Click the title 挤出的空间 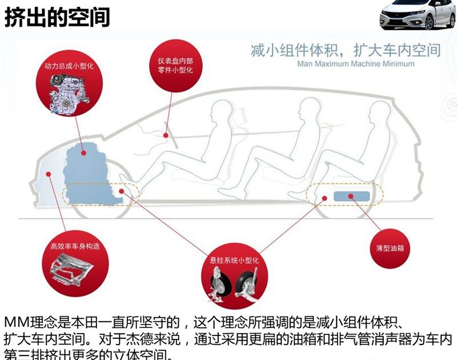tap(57, 17)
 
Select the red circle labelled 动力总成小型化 tap(70, 86)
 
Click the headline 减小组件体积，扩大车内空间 tap(346, 50)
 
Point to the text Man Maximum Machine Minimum tap(355, 64)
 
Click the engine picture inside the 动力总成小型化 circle tap(68, 93)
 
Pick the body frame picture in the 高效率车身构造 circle tap(69, 269)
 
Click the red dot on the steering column tap(166, 135)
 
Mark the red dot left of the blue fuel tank tap(324, 198)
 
